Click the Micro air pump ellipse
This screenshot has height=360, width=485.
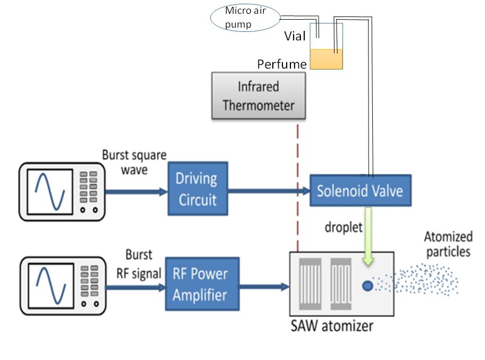coord(243,18)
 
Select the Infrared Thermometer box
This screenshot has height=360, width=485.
coord(258,95)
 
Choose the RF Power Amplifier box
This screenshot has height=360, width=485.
coord(202,284)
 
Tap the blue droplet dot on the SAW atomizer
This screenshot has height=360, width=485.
coord(366,286)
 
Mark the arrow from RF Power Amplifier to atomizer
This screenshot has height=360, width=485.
coord(263,286)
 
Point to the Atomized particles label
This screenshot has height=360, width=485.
coord(447,244)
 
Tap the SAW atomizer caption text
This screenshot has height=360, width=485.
coord(332,325)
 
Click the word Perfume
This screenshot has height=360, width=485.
coord(282,64)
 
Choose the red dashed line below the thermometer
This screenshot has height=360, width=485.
coord(297,186)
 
